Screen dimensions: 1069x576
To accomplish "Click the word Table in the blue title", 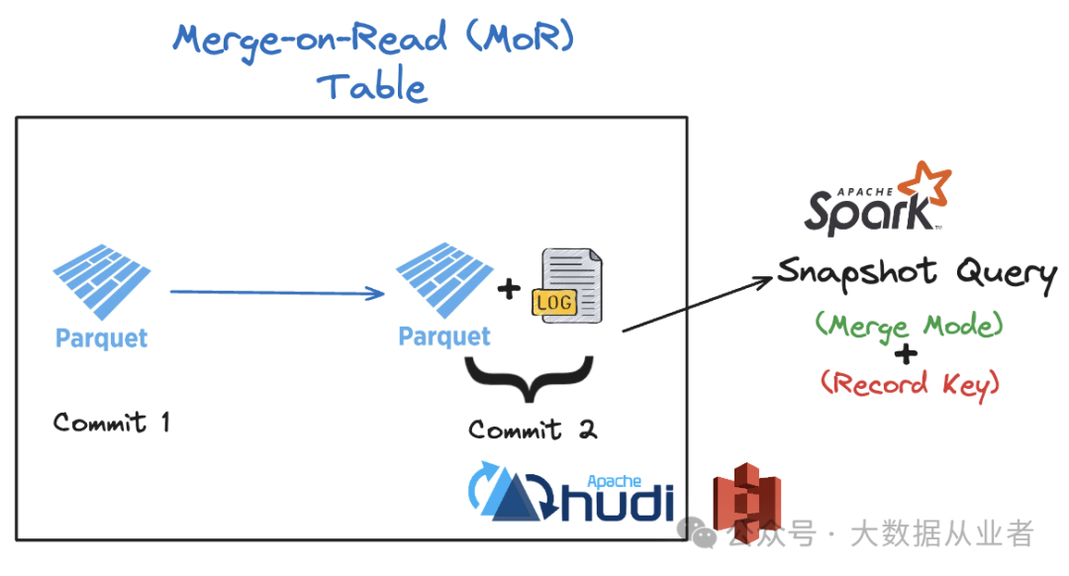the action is click(372, 85).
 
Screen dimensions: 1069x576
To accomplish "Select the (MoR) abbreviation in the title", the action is click(521, 37).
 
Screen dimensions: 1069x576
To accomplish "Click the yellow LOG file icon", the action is click(567, 286).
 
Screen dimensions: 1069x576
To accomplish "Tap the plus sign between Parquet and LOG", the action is click(509, 289).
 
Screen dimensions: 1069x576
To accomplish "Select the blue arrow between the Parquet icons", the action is click(277, 292).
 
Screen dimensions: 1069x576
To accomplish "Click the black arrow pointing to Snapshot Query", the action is click(698, 303).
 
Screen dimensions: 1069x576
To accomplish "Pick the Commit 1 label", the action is click(111, 423).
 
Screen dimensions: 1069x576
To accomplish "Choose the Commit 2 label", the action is click(533, 430).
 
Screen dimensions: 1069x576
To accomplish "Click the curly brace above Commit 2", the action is click(529, 379).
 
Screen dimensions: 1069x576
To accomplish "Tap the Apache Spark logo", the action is click(877, 199).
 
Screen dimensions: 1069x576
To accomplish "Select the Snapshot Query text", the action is click(917, 275).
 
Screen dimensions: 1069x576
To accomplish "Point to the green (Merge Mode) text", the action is click(910, 326).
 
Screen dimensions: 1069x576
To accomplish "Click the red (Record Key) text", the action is click(911, 385).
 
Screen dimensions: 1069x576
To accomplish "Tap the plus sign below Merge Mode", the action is click(906, 354).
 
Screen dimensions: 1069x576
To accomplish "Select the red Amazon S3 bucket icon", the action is click(747, 503).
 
